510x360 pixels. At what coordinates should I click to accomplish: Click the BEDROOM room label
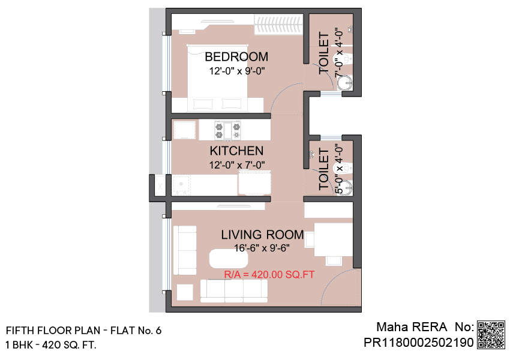[x=236, y=57]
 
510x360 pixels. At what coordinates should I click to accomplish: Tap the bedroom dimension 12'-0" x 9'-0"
[x=237, y=71]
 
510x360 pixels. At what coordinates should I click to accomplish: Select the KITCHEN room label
[x=236, y=151]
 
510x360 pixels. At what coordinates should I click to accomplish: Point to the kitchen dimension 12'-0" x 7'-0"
[x=237, y=165]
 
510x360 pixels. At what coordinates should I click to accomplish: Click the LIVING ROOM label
[x=262, y=235]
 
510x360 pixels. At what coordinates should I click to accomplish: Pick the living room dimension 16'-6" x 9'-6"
[x=262, y=248]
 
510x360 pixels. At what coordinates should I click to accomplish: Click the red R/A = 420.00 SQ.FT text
[x=269, y=274]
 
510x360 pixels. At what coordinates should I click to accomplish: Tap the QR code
[x=491, y=335]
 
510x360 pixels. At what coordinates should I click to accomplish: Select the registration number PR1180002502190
[x=418, y=343]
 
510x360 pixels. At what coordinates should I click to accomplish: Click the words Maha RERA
[x=412, y=327]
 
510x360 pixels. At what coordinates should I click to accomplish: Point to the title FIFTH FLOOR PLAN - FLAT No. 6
[x=83, y=331]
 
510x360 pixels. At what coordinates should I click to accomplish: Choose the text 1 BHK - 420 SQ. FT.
[x=51, y=345]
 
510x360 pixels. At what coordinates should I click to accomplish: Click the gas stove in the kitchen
[x=227, y=130]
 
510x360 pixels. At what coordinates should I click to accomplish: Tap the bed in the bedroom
[x=217, y=78]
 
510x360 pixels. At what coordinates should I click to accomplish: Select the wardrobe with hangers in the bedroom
[x=279, y=25]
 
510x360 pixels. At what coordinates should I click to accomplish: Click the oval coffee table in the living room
[x=229, y=259]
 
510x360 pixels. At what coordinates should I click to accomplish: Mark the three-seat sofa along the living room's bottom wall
[x=234, y=291]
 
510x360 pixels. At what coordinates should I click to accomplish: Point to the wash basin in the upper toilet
[x=345, y=83]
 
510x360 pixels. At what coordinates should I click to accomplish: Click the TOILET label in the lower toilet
[x=324, y=169]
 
